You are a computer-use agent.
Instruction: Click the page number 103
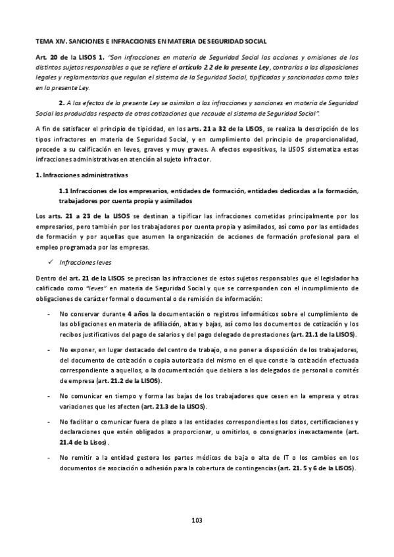point(196,520)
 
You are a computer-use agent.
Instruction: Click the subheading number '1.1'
point(65,191)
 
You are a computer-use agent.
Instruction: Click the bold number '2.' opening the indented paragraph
point(61,102)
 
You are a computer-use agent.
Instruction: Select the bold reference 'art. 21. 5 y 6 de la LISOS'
point(316,468)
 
